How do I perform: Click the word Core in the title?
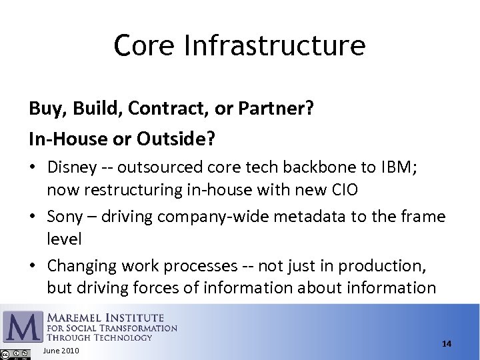(x=144, y=45)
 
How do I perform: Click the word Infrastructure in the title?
(x=273, y=45)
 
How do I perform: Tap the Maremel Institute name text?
(x=105, y=317)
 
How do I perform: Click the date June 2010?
(x=61, y=351)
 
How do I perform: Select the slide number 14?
(x=446, y=343)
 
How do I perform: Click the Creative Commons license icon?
(x=15, y=353)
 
